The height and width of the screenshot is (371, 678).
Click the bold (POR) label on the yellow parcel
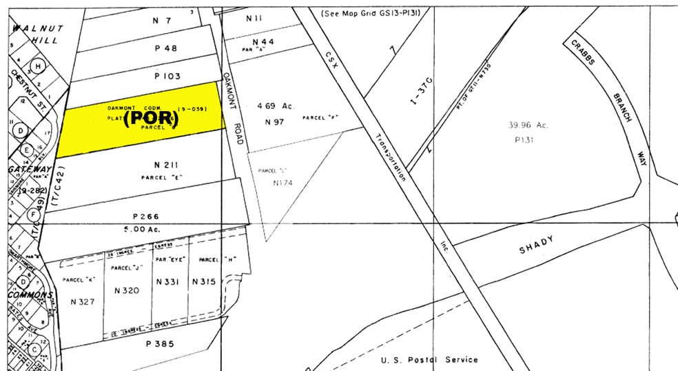pyautogui.click(x=151, y=119)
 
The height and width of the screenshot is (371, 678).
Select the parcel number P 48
pyautogui.click(x=165, y=48)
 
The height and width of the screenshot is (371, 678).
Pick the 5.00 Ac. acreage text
pyautogui.click(x=146, y=228)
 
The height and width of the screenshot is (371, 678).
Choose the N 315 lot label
pyautogui.click(x=205, y=281)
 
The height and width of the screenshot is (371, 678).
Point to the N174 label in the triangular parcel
pyautogui.click(x=283, y=183)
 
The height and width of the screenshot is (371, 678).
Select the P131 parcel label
pyautogui.click(x=526, y=139)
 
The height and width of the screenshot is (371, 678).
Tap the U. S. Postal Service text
pyautogui.click(x=429, y=359)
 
